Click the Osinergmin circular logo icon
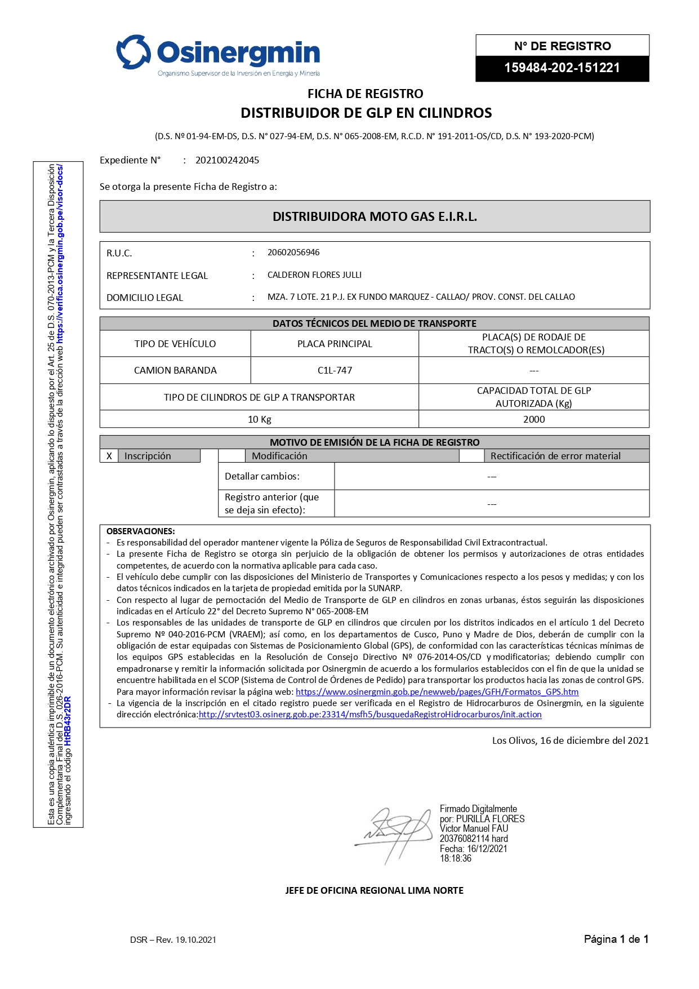pos(133,52)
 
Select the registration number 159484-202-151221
pos(562,68)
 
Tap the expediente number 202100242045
pos(227,160)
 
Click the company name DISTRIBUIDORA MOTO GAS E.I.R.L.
pos(375,216)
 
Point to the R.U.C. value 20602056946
pos(293,252)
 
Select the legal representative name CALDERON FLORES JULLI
pos(314,275)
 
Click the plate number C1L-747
pos(335,370)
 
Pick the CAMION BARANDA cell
pos(175,370)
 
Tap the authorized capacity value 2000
pos(533,419)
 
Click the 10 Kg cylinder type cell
pos(259,419)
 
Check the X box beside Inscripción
pos(109,456)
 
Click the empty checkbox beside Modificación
pos(231,456)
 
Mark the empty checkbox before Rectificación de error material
pos(472,456)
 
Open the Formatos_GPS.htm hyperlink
pos(437,691)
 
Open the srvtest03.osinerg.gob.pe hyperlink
pos(370,715)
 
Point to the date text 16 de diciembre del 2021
pos(594,740)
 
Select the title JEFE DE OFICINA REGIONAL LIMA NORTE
pos(374,890)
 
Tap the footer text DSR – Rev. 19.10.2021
pos(173,939)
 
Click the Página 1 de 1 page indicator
pos(616,939)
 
